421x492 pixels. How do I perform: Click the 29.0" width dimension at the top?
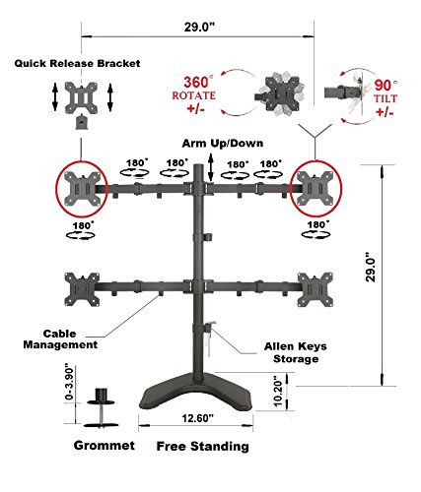[x=199, y=27]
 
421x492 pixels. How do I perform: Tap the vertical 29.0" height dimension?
[x=371, y=267]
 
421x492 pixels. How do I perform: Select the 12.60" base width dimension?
[x=198, y=418]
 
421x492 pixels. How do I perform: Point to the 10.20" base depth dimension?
[x=278, y=392]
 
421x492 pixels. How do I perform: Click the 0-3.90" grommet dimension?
[x=69, y=382]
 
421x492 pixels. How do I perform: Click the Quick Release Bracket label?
[x=77, y=63]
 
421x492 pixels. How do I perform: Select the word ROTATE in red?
[x=194, y=95]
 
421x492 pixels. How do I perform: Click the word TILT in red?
[x=386, y=98]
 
